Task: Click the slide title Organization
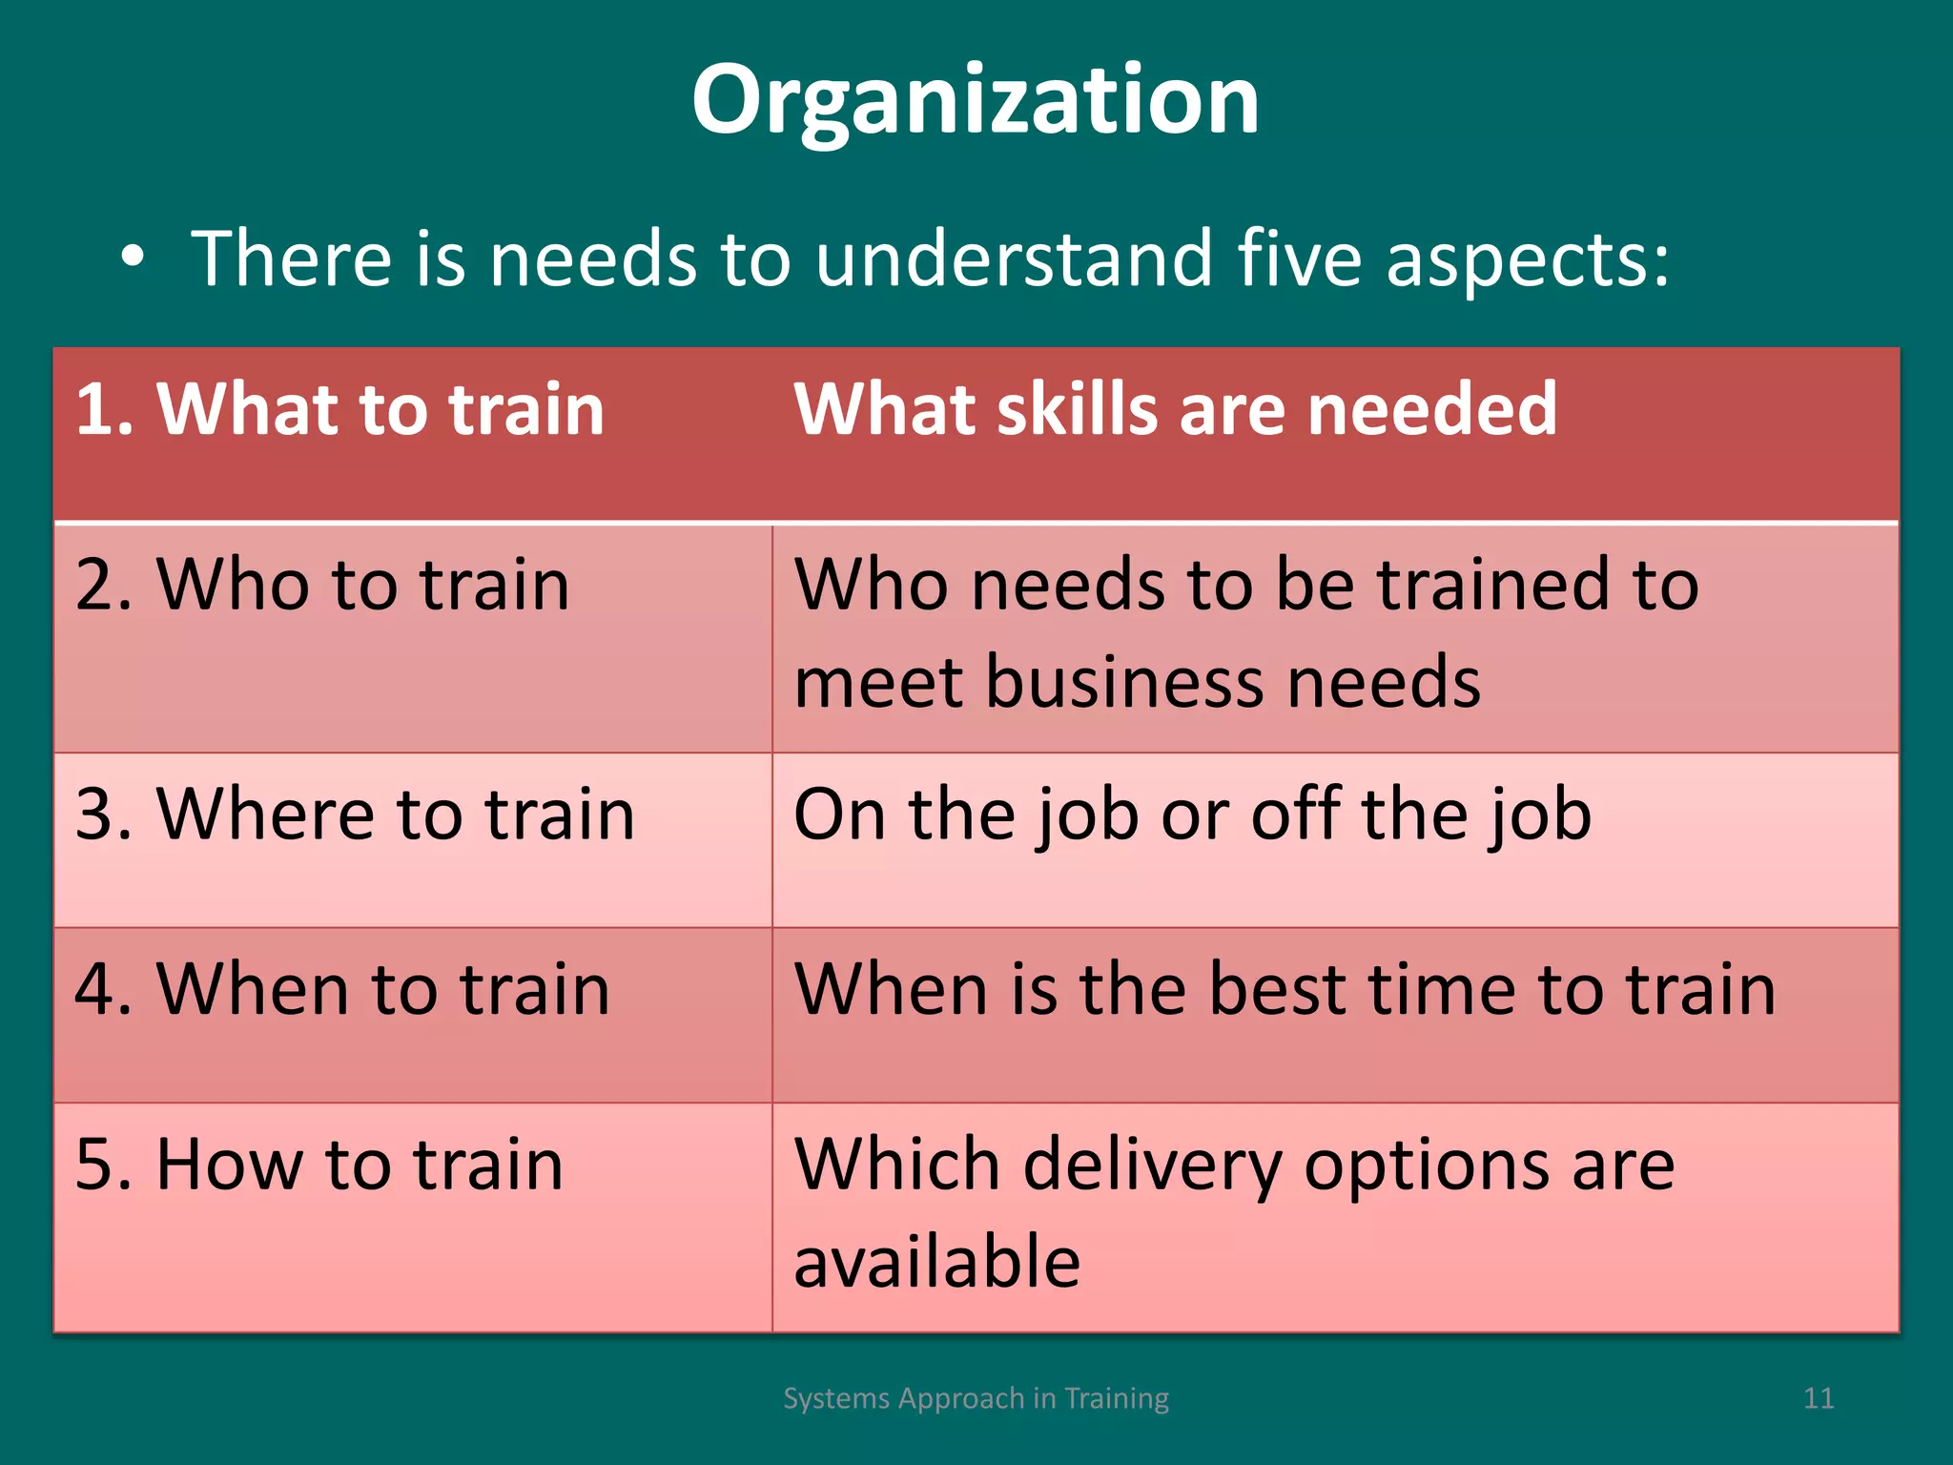(x=976, y=100)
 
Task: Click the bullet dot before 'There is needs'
(x=133, y=257)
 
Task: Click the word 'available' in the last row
(x=936, y=1262)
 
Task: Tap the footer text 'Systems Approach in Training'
(x=976, y=1398)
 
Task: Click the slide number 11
(x=1819, y=1398)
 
